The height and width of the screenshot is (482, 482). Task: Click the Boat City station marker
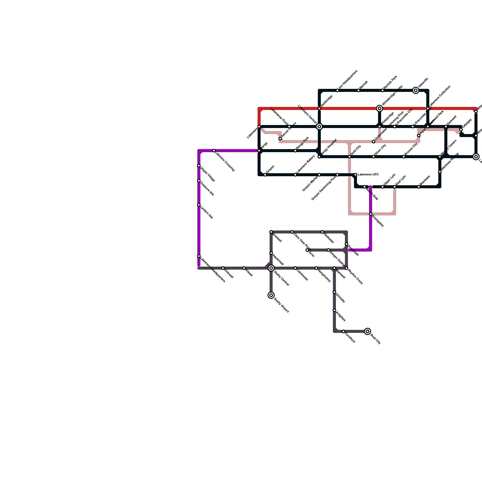tap(368, 331)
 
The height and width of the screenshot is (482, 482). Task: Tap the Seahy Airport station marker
tap(271, 295)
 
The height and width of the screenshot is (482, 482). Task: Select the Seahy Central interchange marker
tap(271, 268)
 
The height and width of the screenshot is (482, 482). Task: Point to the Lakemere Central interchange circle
tap(319, 127)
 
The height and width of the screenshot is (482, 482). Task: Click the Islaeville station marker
tap(416, 90)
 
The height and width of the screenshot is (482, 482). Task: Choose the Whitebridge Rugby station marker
tap(380, 108)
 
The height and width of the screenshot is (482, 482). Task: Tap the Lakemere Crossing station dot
tap(214, 151)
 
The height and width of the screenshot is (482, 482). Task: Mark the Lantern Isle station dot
tap(199, 205)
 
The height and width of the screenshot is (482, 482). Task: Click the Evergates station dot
tap(371, 214)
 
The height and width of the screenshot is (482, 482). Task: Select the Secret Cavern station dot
tap(280, 139)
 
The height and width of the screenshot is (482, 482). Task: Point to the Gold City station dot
tap(349, 157)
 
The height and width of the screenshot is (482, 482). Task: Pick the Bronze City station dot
tap(404, 157)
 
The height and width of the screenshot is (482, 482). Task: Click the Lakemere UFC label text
tap(368, 175)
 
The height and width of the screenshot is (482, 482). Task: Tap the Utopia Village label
tap(208, 174)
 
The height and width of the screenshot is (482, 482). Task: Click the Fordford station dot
tap(343, 331)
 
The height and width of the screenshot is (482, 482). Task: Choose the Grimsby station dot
tap(334, 292)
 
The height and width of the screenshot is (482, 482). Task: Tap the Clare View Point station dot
tap(292, 232)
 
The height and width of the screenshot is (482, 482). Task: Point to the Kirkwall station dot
tap(223, 268)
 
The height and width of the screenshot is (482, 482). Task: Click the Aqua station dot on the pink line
tap(419, 136)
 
